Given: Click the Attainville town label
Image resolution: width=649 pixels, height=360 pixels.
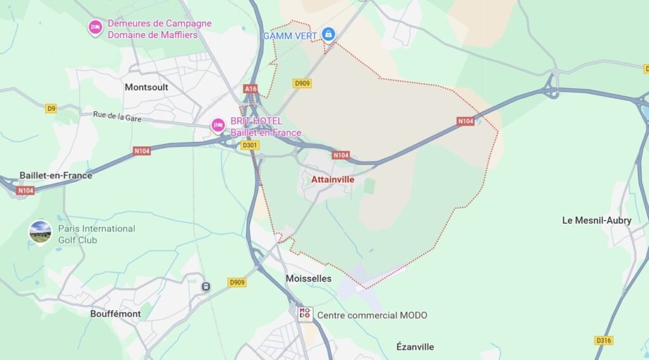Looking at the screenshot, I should [332, 179].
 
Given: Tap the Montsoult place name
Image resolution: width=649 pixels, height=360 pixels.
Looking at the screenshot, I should [146, 87].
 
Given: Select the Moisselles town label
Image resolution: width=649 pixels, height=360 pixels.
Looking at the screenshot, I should [308, 278].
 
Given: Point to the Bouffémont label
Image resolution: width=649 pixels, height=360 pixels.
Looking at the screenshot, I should [115, 314].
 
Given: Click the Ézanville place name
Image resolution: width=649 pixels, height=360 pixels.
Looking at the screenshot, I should [415, 347].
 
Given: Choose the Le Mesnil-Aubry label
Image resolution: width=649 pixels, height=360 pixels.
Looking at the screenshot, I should [596, 221].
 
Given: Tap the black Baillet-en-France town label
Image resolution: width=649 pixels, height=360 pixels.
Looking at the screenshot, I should [56, 176].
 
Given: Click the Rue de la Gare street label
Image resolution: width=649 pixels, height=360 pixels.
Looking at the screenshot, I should [117, 116].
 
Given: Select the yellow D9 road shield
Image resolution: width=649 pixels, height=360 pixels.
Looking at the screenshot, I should [51, 108].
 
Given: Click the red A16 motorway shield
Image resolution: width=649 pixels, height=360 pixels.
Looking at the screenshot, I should [251, 89].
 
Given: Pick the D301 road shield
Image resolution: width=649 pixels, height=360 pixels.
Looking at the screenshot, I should [250, 145].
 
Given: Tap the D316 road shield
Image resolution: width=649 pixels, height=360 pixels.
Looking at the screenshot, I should [604, 340].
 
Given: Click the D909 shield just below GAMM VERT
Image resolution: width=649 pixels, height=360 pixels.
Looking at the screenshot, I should [302, 83].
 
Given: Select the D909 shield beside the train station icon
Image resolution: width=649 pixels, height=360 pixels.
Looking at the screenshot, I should [237, 282].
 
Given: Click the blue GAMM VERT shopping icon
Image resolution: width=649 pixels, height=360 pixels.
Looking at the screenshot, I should [328, 34].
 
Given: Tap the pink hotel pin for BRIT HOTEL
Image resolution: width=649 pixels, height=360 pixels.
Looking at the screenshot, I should [218, 125].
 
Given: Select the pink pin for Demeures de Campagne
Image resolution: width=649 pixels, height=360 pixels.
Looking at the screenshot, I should [95, 27].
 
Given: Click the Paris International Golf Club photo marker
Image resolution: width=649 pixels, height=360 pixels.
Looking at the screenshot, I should [41, 232].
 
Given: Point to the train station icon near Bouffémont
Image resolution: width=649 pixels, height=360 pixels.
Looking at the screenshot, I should [206, 286].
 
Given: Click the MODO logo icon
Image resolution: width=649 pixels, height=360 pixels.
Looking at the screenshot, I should [305, 313].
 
